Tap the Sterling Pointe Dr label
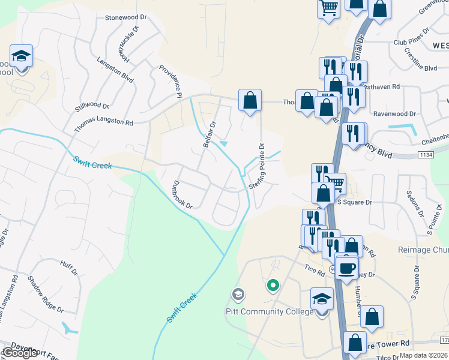(257, 167)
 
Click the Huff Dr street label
(69, 267)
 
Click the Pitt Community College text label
(270, 311)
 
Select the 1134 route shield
(427, 155)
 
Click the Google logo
(20, 353)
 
